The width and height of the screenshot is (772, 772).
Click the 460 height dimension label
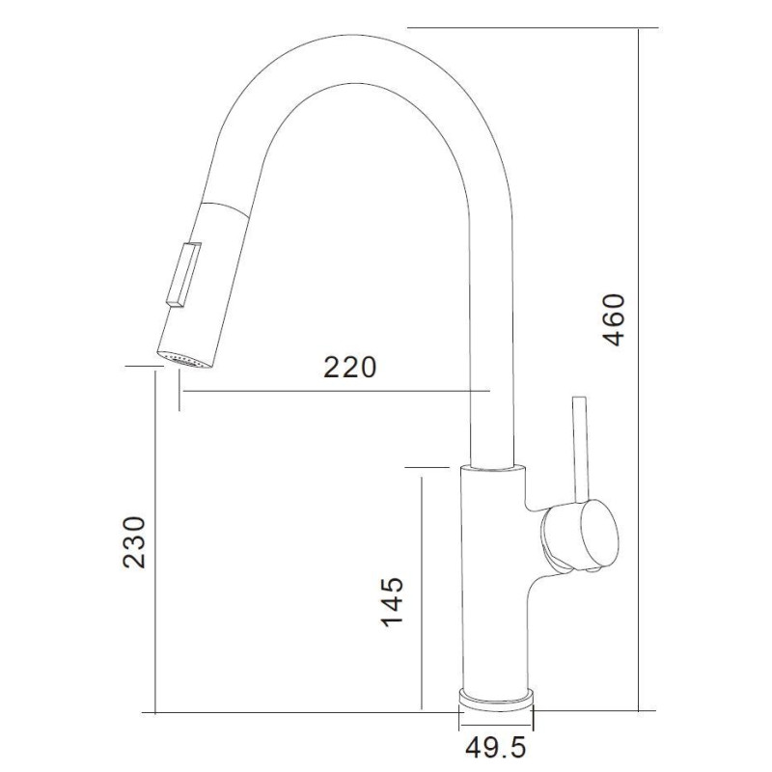(614, 320)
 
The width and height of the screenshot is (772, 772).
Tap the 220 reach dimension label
(350, 367)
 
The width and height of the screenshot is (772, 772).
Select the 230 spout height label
(134, 542)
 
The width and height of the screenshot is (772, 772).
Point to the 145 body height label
(393, 601)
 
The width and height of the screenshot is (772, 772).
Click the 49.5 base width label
(496, 748)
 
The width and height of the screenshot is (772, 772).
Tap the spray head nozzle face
(184, 360)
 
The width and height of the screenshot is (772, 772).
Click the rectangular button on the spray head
(183, 275)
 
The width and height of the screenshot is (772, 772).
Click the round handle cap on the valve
(598, 536)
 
